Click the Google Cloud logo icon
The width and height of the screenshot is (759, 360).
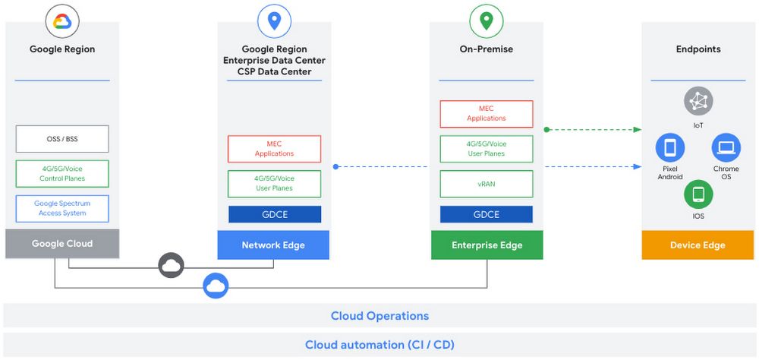62,21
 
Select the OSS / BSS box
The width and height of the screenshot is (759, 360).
62,139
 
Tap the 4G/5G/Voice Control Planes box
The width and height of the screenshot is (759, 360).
62,174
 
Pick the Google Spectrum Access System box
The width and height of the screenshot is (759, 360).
62,209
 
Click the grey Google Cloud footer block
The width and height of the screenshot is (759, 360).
62,244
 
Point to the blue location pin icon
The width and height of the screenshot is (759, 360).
275,21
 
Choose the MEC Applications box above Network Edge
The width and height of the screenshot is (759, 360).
274,149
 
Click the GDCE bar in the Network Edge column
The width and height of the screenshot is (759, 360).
274,214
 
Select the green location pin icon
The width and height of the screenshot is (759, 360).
487,21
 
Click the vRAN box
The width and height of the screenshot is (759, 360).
487,184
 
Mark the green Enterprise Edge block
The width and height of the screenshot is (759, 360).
487,245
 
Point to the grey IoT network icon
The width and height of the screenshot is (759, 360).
698,100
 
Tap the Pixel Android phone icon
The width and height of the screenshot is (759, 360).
669,147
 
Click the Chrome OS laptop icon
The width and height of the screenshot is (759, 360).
726,147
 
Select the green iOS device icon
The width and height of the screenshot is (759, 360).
698,194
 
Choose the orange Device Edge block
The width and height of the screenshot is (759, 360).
698,245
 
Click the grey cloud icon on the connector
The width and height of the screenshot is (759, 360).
171,265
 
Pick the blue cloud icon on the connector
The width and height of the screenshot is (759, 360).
216,286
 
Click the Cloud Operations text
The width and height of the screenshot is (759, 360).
379,316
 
